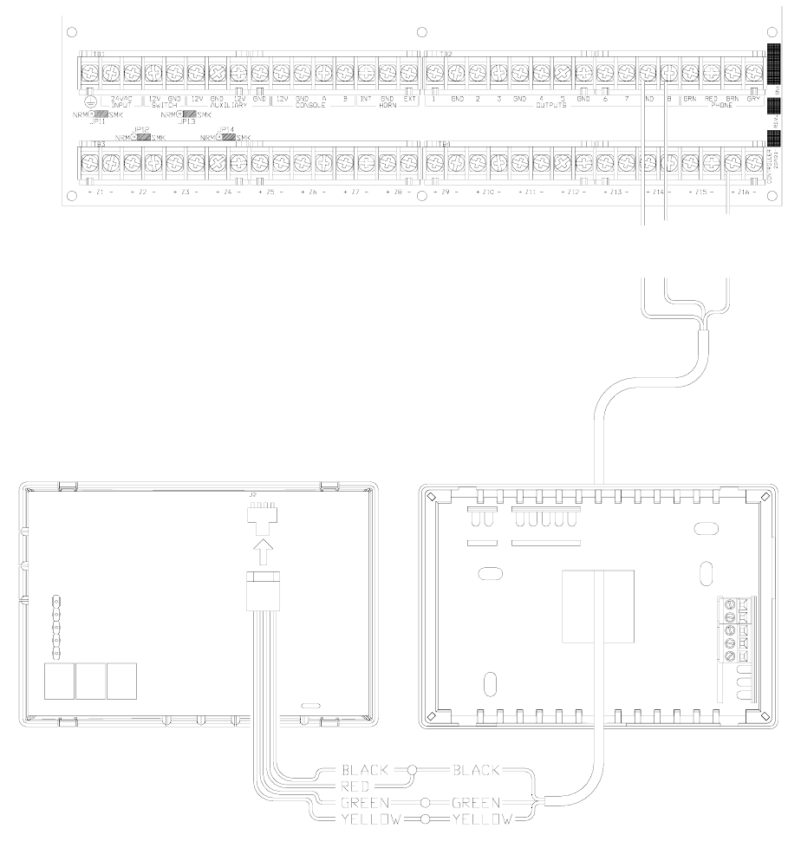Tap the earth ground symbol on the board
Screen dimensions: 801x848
[88, 101]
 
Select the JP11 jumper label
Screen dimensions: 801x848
[96, 121]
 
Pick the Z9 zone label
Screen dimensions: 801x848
[444, 191]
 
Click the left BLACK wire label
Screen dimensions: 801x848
[368, 769]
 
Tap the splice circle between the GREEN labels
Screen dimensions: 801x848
[424, 801]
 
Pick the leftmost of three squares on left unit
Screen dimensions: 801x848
[59, 681]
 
